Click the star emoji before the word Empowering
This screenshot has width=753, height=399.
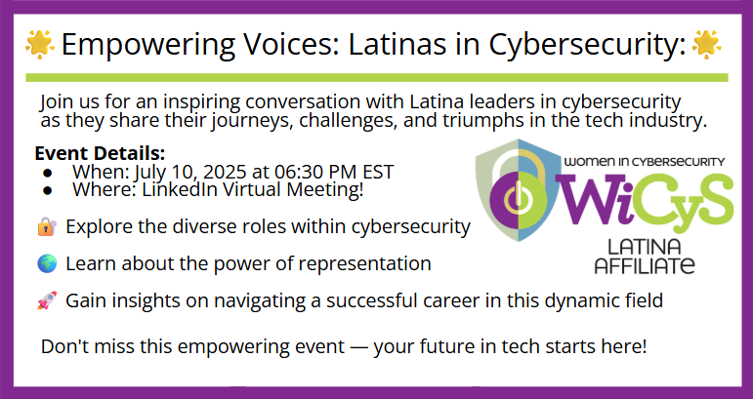(39, 44)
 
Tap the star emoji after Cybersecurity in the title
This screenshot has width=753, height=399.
(706, 44)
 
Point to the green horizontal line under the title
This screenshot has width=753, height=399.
(377, 78)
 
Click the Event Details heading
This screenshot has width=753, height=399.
(100, 153)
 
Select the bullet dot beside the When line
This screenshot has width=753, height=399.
(47, 173)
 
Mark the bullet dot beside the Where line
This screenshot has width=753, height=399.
(47, 190)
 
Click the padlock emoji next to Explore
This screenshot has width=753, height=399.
(47, 226)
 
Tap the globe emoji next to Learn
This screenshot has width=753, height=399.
(47, 263)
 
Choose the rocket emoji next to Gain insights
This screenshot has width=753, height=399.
(47, 300)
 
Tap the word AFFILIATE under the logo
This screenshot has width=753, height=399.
(645, 265)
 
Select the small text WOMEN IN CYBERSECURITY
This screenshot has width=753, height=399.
(645, 162)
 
